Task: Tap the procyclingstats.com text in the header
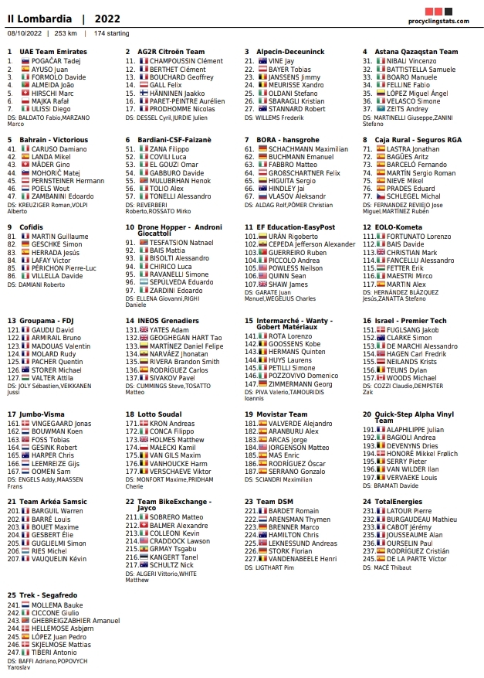[x=436, y=21]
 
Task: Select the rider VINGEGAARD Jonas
[x=61, y=424]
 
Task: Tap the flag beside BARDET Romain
[x=262, y=511]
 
